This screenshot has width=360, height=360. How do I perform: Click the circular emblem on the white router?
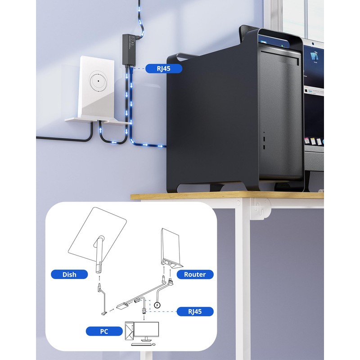[98, 82]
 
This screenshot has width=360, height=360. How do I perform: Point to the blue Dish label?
[69, 274]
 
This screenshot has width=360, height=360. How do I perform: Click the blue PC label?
[104, 332]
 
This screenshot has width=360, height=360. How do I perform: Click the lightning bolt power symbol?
[157, 305]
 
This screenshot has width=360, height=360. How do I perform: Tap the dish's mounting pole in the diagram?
[99, 259]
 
